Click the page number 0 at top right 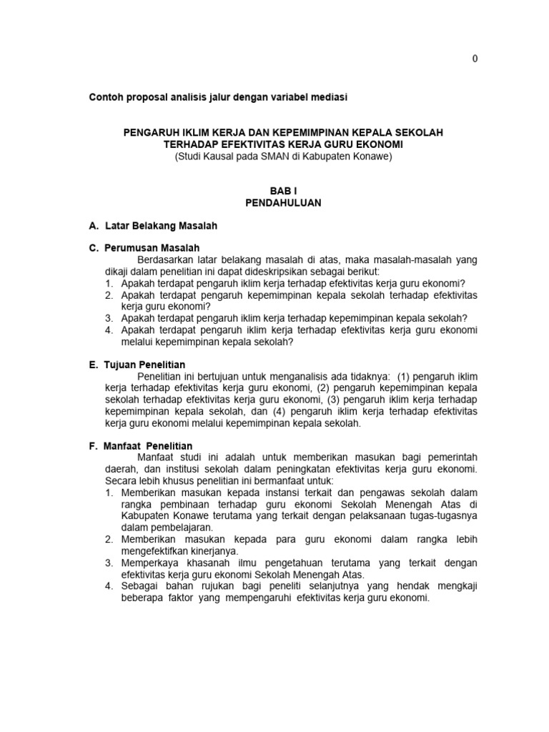475,59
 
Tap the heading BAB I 283,191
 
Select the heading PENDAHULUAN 283,203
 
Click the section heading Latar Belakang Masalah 161,226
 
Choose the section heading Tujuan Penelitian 145,365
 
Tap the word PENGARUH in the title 150,133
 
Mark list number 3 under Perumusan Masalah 109,318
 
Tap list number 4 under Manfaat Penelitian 109,586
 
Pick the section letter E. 93,365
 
